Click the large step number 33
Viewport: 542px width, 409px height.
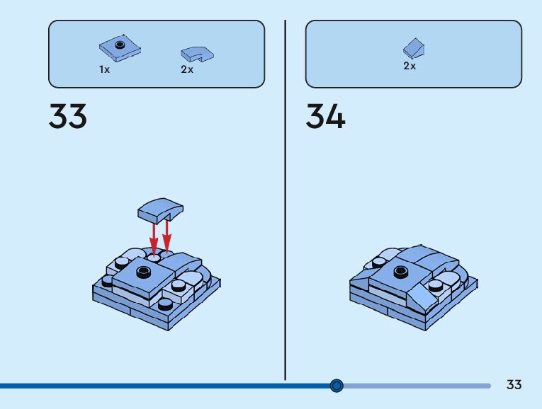[x=68, y=117]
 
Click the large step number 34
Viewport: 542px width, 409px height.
[x=325, y=117]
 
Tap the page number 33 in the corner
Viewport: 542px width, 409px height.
[x=514, y=385]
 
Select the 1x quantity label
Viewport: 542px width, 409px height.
[x=104, y=70]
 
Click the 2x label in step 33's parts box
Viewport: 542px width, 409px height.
[x=187, y=70]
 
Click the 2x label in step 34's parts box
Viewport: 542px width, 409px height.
[x=410, y=66]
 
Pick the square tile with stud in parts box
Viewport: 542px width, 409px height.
[x=120, y=48]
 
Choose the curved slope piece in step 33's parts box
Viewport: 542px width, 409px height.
[x=198, y=54]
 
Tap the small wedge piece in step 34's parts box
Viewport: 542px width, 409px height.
[x=414, y=48]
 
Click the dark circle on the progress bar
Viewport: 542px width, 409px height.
[x=337, y=386]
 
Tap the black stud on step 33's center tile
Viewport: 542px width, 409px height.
[x=144, y=272]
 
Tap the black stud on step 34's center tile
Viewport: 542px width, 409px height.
[x=401, y=270]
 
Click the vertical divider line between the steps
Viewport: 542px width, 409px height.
[x=285, y=198]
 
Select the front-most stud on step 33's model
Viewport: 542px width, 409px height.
[x=164, y=304]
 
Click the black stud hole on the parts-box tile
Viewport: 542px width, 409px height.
[x=120, y=45]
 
